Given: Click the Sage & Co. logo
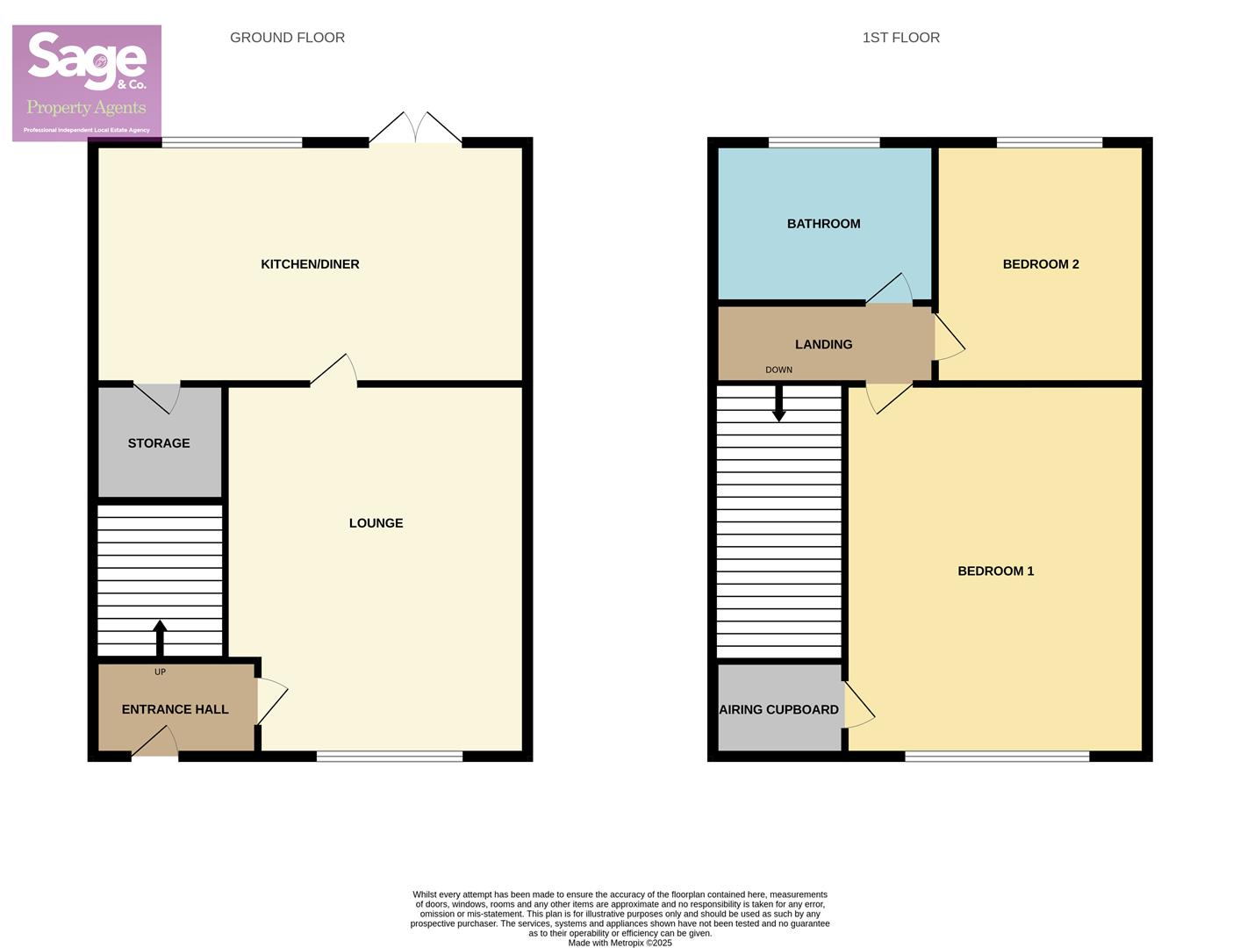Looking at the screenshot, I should pos(87,83).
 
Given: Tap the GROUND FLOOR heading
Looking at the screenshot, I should pos(287,38).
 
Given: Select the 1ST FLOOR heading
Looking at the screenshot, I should pos(900,38).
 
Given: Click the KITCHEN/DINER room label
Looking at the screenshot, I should pos(310,264).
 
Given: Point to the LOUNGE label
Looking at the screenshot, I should pos(376,523).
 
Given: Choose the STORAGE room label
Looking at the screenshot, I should pos(159,443).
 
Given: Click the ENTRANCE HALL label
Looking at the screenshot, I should pos(175,709).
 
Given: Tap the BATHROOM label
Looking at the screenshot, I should pos(823,224).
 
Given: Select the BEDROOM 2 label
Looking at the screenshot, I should pos(1040,264).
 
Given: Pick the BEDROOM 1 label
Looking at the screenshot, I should pos(995,571).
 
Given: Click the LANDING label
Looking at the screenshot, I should pos(823,345).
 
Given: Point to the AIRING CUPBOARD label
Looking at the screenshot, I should pos(778,710).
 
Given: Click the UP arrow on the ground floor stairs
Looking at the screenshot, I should pos(160,638).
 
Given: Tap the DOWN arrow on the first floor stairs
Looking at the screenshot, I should pos(778,405).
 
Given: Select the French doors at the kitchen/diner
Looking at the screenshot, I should pos(415,130).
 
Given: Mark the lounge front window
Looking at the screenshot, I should pos(389,756).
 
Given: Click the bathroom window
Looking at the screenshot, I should pos(824,142).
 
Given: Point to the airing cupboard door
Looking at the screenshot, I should pos(858,707).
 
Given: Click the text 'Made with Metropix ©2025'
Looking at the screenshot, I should pos(620,943).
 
